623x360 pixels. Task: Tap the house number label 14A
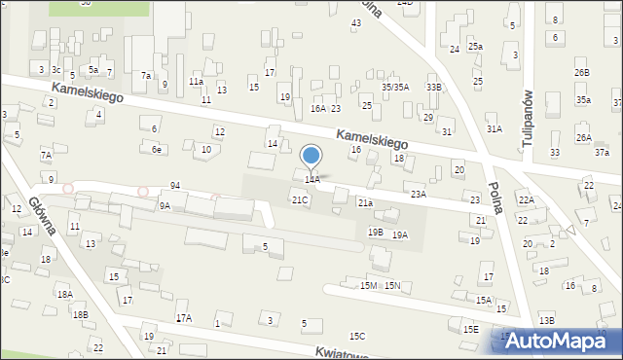click(311, 180)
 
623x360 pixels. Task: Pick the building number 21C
click(300, 199)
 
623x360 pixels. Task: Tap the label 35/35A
click(394, 87)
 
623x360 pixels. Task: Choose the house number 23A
click(418, 194)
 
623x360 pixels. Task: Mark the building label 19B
click(375, 232)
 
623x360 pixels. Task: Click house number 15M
click(369, 285)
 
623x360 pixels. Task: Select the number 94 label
click(174, 185)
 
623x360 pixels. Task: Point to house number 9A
click(165, 205)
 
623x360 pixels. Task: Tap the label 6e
click(156, 149)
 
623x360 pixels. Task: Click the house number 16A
click(317, 109)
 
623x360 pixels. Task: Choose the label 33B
click(433, 88)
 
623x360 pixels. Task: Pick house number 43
click(355, 22)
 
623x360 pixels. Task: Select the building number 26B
click(581, 73)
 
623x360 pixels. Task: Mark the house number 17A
click(183, 318)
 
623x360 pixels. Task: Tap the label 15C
click(357, 336)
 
